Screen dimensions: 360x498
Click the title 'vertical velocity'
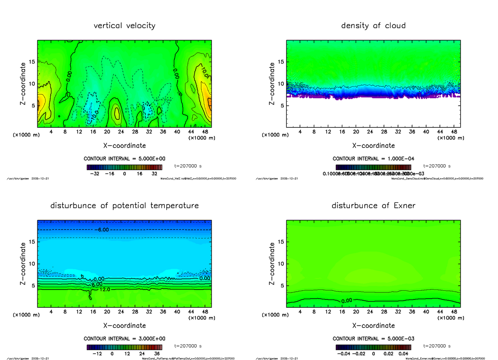point(124,26)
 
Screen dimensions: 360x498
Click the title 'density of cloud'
point(373,26)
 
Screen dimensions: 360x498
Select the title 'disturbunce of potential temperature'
point(124,206)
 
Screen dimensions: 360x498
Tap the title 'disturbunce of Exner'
point(373,206)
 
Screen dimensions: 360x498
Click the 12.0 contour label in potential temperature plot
point(93,289)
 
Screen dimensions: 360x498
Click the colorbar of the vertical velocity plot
point(124,167)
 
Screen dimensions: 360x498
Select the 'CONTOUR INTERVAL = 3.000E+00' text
point(124,338)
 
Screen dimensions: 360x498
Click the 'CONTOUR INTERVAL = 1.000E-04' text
point(373,158)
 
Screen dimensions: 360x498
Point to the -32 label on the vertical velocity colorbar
point(95,174)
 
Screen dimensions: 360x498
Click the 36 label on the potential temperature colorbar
point(157,354)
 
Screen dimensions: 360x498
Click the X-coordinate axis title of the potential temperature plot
point(124,326)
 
